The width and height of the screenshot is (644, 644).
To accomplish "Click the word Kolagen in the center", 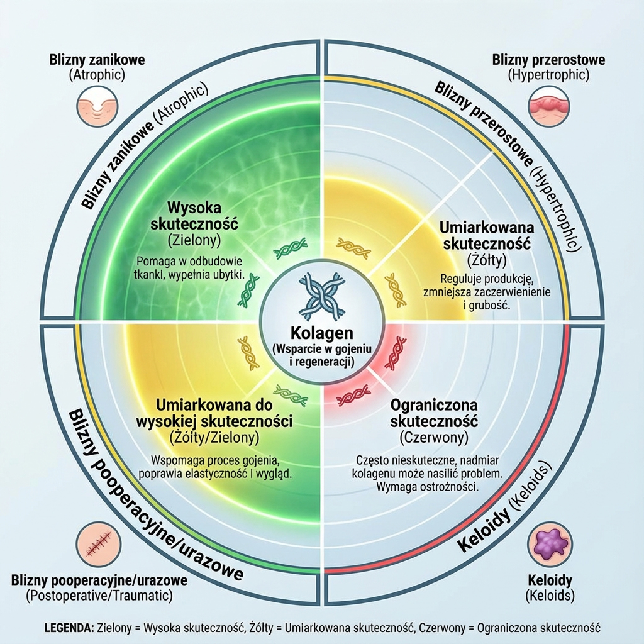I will click(x=321, y=333).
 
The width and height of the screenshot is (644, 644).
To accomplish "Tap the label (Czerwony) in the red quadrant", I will click(x=434, y=435).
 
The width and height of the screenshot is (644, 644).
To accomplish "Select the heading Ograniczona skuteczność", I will click(x=434, y=412).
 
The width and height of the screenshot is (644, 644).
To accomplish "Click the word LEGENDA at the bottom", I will click(x=69, y=628).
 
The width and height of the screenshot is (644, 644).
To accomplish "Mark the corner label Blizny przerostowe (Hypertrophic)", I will click(x=548, y=67).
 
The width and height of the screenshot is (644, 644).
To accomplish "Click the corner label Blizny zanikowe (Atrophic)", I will click(x=97, y=67).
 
